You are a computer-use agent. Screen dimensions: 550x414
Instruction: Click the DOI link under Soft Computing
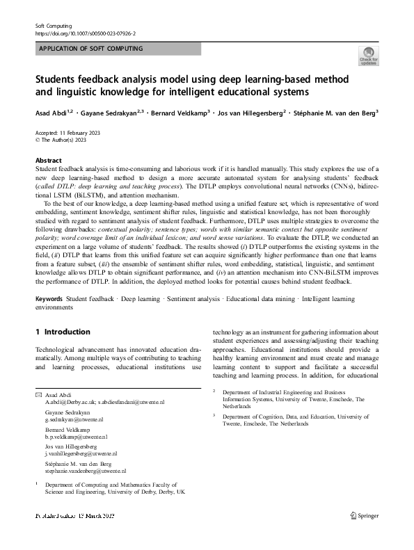(x=85, y=33)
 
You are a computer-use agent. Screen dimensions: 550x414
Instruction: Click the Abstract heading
(x=48, y=159)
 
